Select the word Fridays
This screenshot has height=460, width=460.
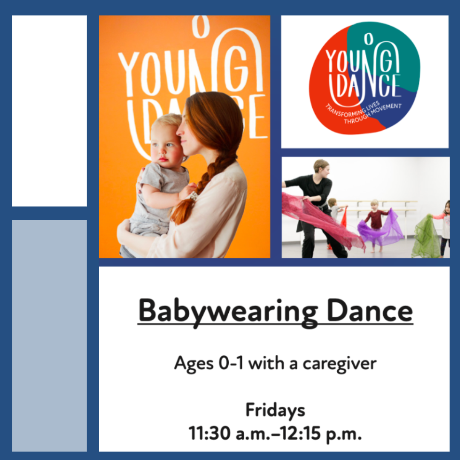point(275,411)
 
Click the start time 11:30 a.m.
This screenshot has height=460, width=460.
point(230,433)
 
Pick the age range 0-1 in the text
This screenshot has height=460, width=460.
point(231,363)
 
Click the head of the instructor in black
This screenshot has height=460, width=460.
point(322,168)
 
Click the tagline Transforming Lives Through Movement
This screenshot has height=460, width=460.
point(364,112)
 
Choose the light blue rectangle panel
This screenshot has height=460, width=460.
point(49,336)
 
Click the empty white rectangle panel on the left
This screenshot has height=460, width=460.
point(49,111)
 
